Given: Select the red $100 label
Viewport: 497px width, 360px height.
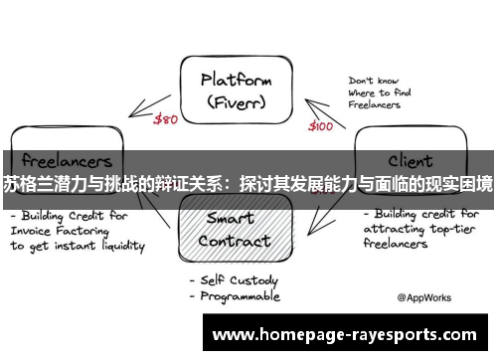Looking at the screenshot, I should coord(321,126).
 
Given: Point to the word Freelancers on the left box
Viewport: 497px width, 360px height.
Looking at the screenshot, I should coord(67,159).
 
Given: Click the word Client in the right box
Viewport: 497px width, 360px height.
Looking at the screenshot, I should coord(409,159).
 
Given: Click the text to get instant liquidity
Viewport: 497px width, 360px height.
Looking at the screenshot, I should coord(78,245).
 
